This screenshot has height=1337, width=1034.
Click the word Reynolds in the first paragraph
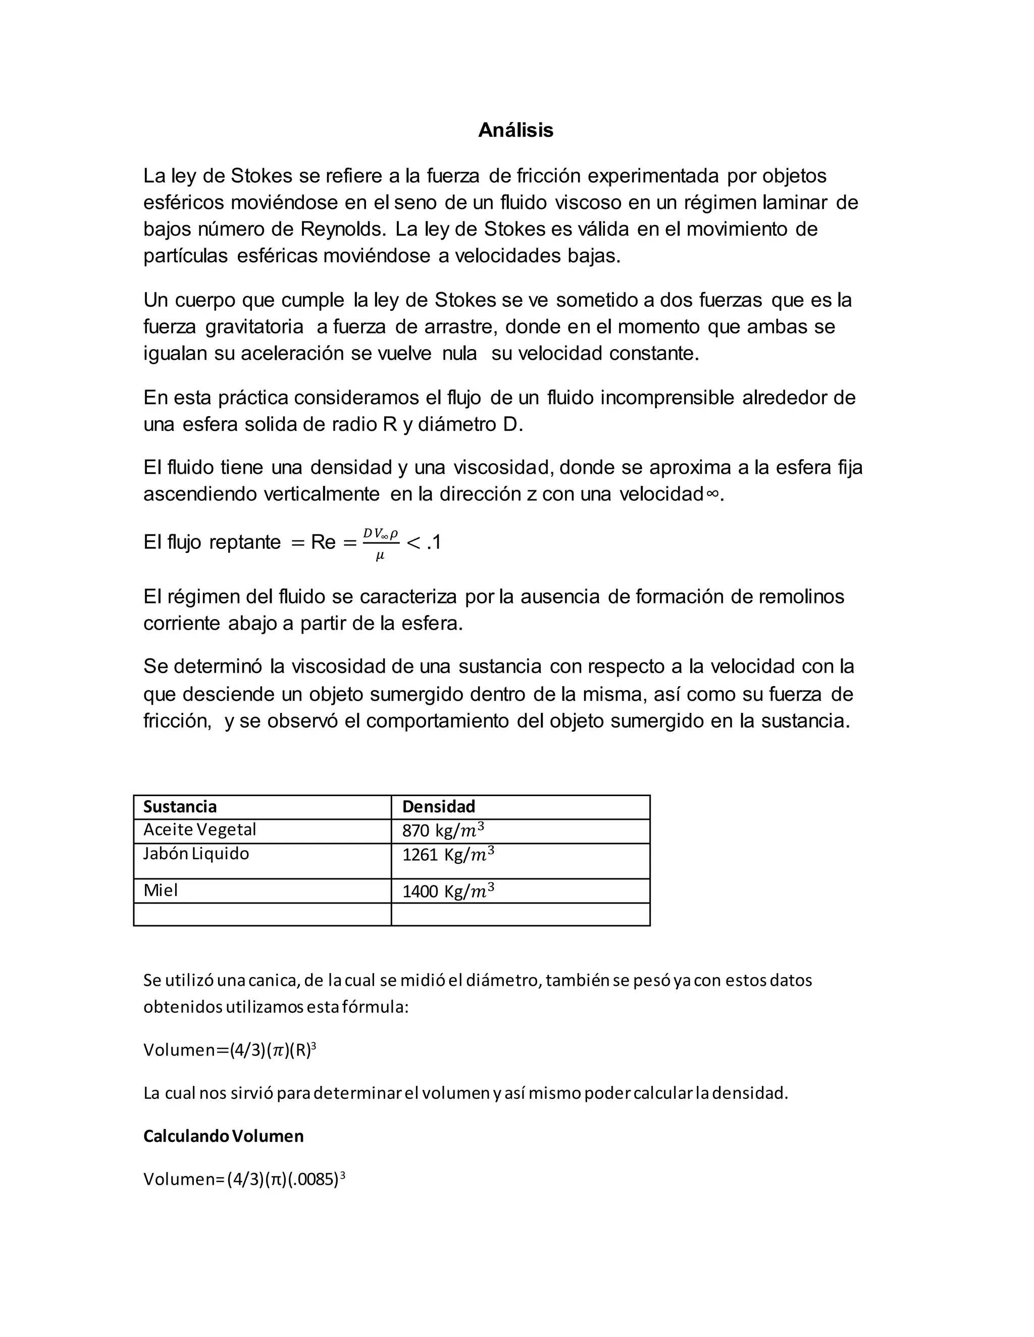point(343,229)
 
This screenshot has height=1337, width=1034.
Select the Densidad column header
point(439,806)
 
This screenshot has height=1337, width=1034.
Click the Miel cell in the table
point(161,890)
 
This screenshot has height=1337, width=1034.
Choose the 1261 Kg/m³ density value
point(448,855)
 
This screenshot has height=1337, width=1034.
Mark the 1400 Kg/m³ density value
point(448,892)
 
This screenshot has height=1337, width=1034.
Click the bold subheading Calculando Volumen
point(224,1136)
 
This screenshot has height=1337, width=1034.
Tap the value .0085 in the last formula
point(316,1180)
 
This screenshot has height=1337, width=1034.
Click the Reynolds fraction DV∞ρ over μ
point(380,543)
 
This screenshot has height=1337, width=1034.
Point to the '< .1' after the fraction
point(424,542)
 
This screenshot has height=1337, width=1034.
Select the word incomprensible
point(667,398)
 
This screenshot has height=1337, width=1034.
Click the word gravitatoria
point(254,327)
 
